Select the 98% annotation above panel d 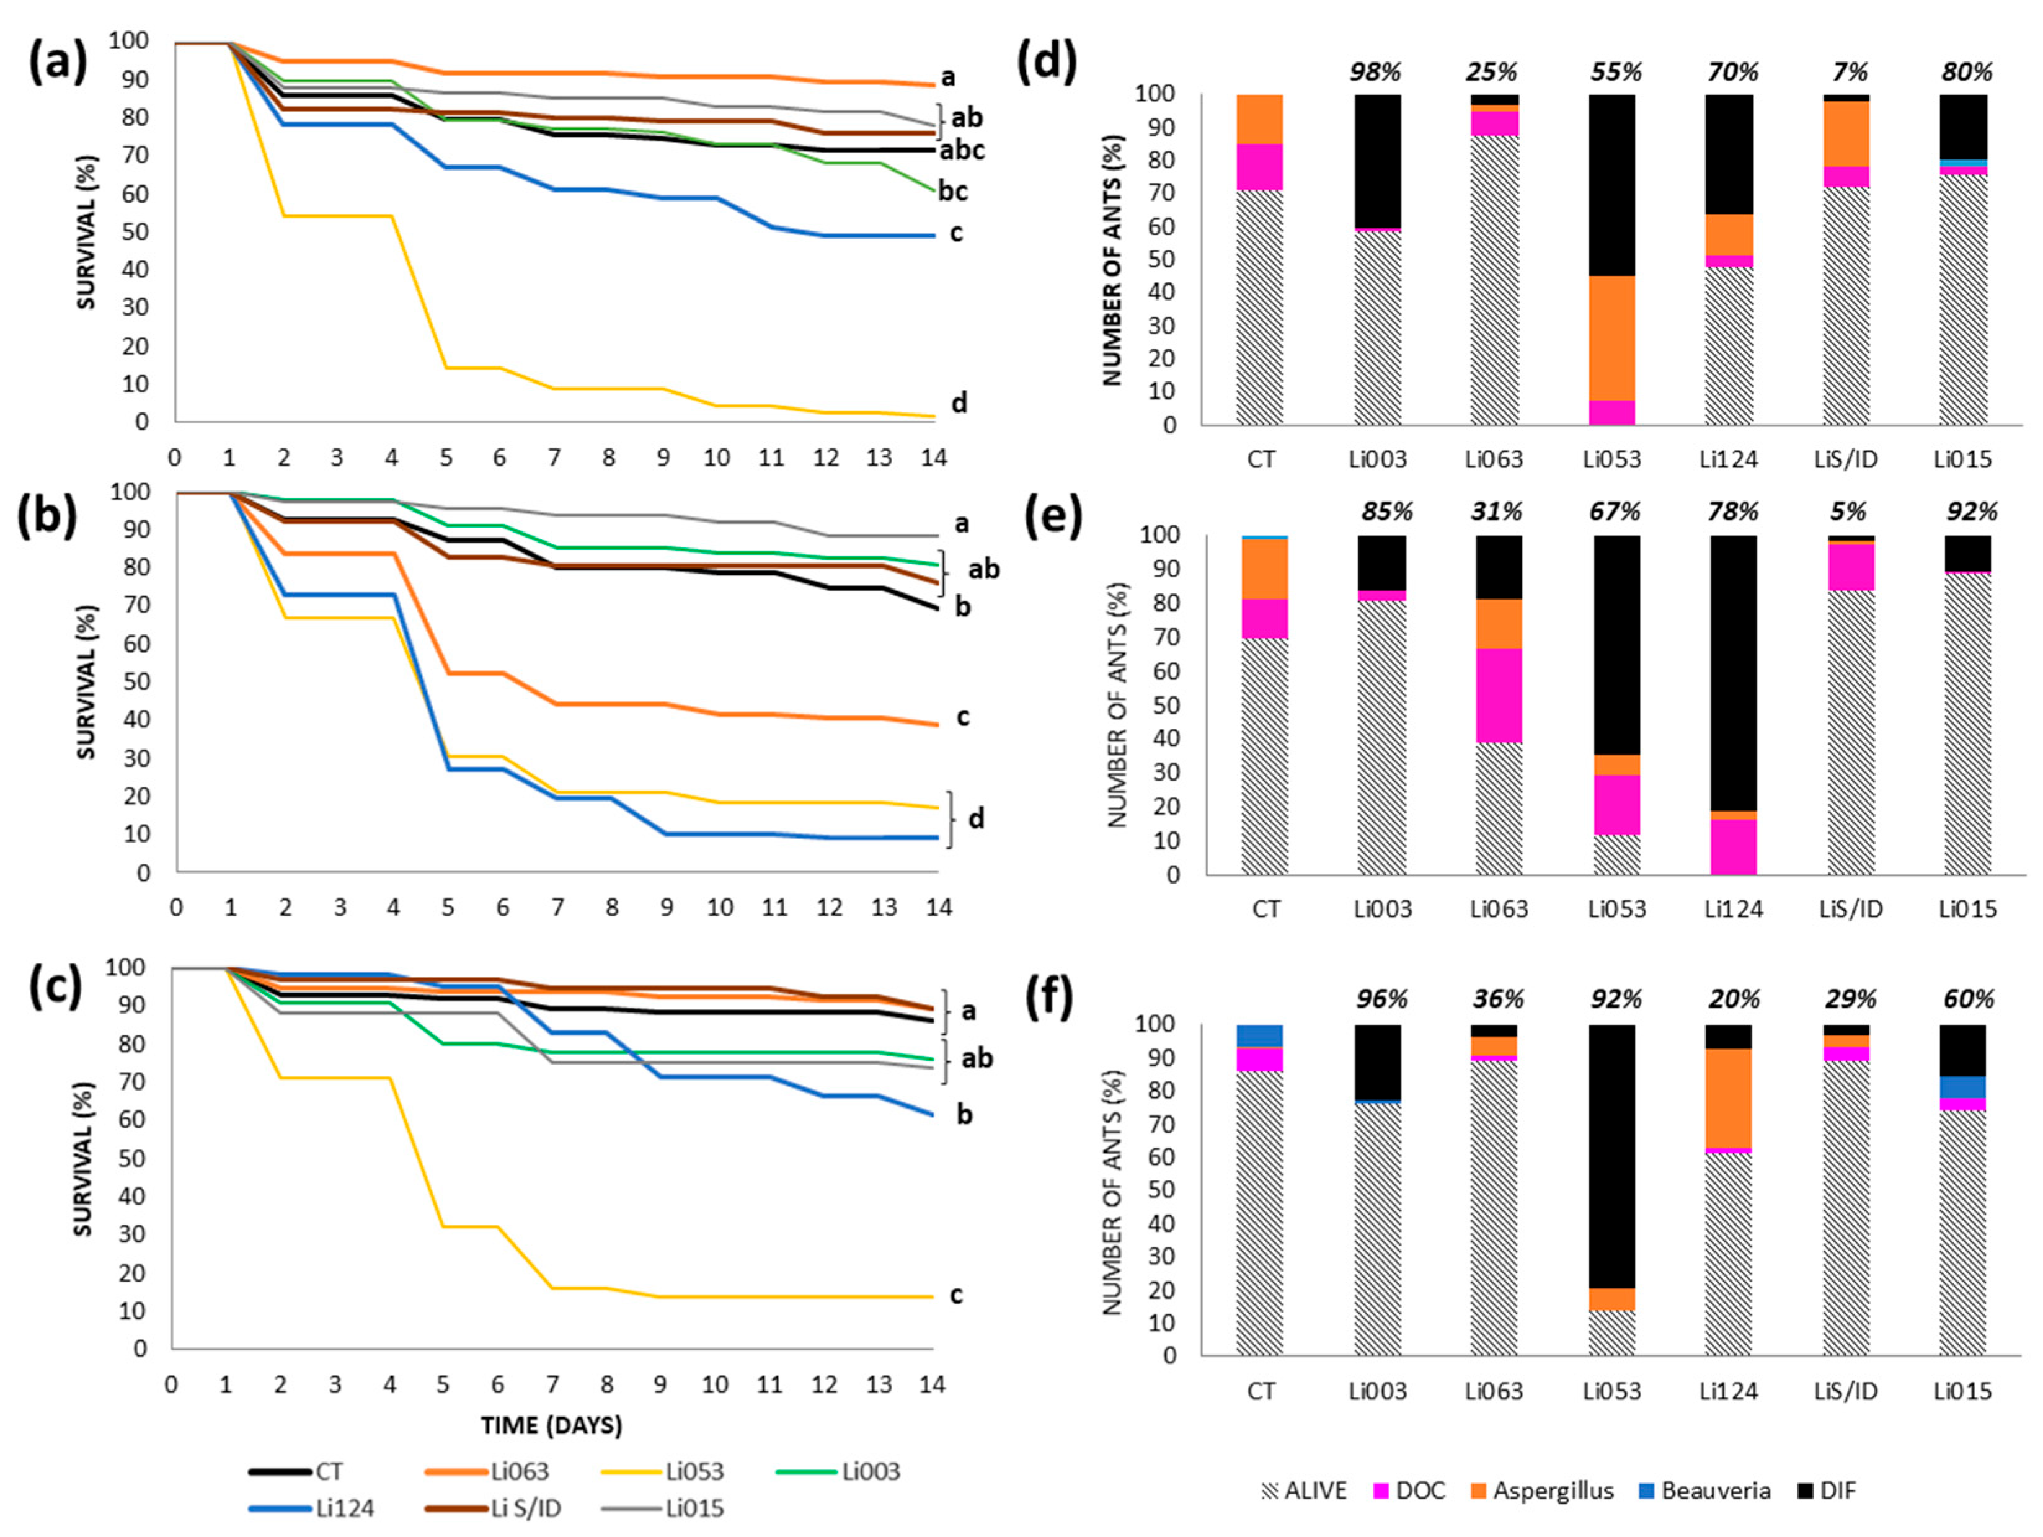[x=1375, y=72]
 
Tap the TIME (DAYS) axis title [x=551, y=1425]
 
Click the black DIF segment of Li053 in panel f [x=1613, y=1154]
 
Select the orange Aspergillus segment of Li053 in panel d [x=1613, y=337]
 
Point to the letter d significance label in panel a [x=960, y=404]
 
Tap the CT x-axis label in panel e [x=1265, y=909]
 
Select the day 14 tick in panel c [x=932, y=1384]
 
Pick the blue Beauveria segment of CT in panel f [x=1260, y=1035]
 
